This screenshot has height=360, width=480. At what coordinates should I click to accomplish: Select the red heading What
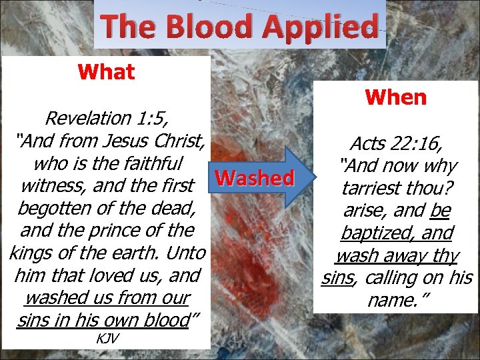[x=106, y=71]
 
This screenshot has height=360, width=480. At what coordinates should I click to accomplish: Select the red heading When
[x=395, y=97]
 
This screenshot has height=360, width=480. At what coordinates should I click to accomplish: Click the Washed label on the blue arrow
[x=255, y=177]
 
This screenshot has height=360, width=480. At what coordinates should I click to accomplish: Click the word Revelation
[x=87, y=119]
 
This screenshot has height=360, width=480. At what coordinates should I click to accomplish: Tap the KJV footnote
[x=107, y=338]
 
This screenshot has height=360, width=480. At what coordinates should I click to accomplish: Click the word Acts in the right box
[x=372, y=143]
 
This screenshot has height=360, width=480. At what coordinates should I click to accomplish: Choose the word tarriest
[x=372, y=188]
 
